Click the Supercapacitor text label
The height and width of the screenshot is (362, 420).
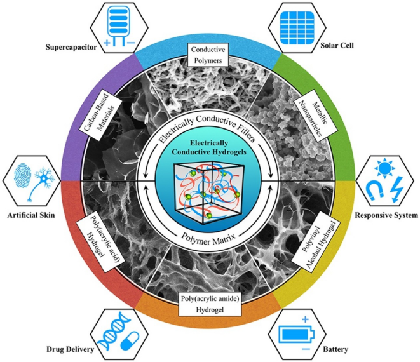coord(71,48)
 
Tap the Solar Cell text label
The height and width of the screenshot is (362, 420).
coord(337,45)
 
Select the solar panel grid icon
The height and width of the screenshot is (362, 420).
coord(297,27)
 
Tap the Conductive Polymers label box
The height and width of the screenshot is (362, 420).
coord(208,55)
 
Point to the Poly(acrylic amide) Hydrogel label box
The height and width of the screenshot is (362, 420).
coord(210,304)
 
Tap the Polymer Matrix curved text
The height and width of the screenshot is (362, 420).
coord(208,239)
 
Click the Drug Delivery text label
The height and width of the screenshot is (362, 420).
coord(70,349)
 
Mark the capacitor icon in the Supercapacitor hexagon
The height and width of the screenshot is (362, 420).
coord(119,25)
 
